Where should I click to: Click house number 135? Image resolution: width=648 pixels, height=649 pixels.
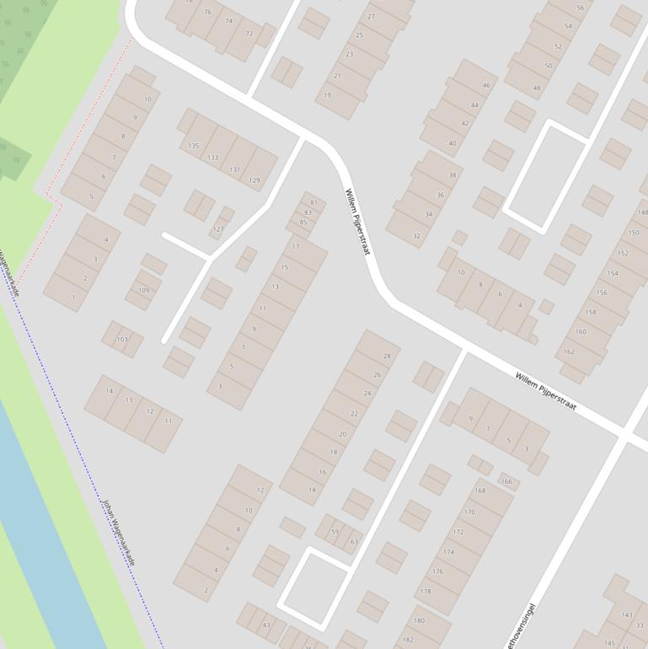tap(194, 146)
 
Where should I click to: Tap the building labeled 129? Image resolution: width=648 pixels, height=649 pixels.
tap(254, 180)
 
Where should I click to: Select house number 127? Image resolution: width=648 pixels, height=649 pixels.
tap(219, 229)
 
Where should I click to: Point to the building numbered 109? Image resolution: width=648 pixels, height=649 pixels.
tap(144, 291)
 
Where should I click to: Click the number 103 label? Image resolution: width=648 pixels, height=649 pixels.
tap(123, 340)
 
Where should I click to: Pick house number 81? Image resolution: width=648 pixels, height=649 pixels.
tap(313, 203)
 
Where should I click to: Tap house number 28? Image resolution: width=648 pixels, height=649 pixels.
tap(387, 357)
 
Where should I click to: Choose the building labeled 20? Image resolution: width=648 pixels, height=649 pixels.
tap(342, 434)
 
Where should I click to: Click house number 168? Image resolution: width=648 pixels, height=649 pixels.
tap(480, 491)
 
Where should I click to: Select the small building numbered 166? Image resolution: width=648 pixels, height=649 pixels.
tap(506, 481)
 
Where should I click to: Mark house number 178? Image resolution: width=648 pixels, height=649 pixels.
tap(426, 592)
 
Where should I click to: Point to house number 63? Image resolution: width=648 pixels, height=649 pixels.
tap(354, 542)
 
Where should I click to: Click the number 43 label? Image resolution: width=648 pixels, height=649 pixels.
tap(266, 625)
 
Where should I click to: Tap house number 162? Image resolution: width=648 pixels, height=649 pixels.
tap(569, 351)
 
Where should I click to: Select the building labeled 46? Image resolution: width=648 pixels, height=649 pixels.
tap(486, 85)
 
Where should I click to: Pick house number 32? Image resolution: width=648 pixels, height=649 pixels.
tap(416, 236)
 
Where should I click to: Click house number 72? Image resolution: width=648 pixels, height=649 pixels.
tap(249, 34)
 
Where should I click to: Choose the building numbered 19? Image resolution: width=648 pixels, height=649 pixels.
tap(328, 95)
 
